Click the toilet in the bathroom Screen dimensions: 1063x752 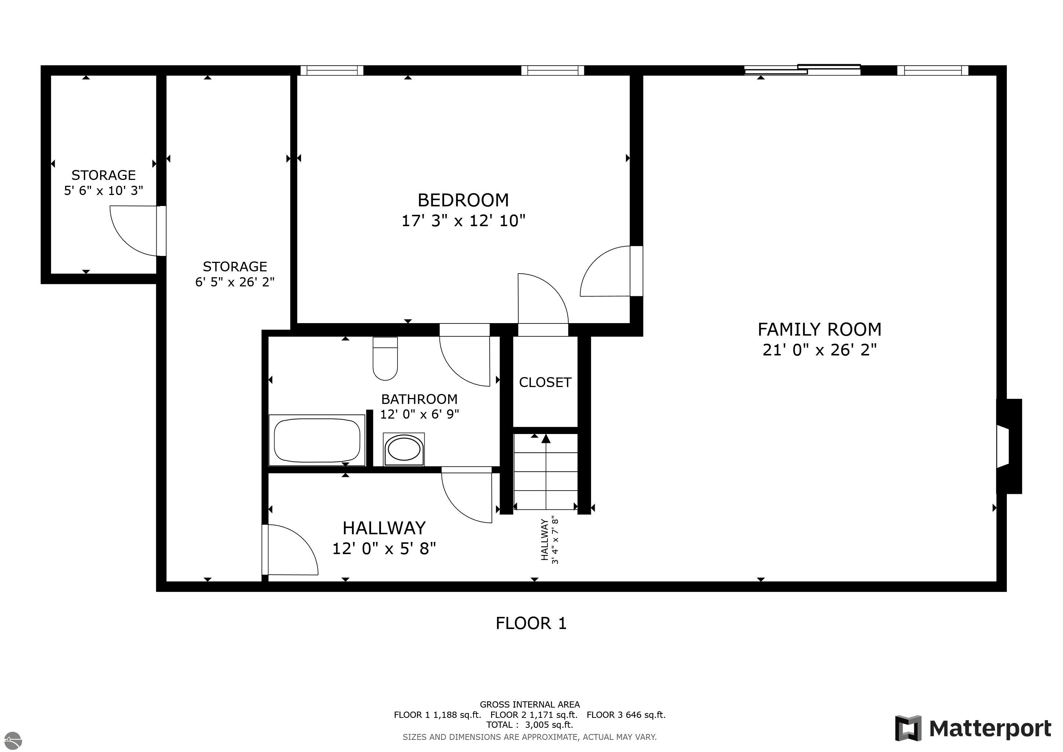click(x=385, y=358)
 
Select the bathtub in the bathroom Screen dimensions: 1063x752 click(x=317, y=440)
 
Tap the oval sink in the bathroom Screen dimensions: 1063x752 click(x=404, y=449)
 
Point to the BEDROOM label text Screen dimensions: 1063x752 click(x=463, y=200)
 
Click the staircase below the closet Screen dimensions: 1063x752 click(x=546, y=471)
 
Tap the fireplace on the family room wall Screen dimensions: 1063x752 click(x=1009, y=446)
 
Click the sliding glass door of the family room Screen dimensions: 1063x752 click(x=802, y=69)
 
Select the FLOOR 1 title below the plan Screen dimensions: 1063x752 click(x=531, y=623)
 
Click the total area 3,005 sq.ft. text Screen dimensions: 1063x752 click(x=530, y=725)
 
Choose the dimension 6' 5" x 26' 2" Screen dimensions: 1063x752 click(x=235, y=282)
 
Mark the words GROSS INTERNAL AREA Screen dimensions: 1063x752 click(x=530, y=704)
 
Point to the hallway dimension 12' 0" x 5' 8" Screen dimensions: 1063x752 click(x=384, y=549)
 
